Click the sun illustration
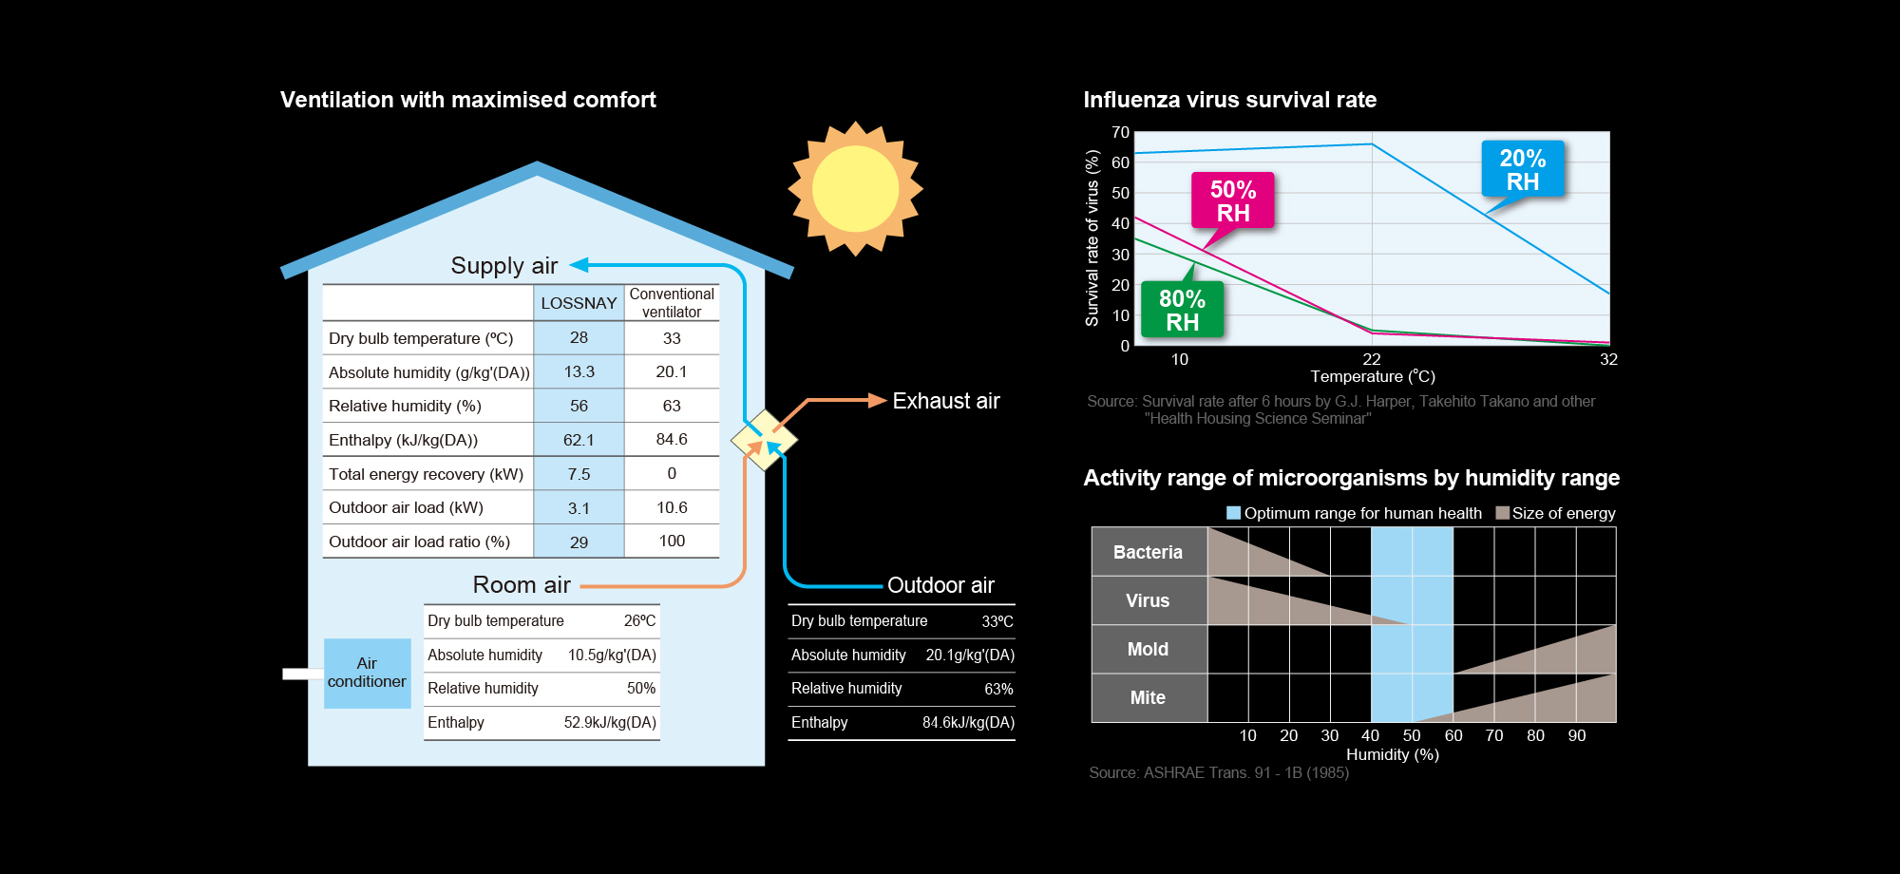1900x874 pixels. (x=855, y=188)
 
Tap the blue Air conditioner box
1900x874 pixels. (x=367, y=673)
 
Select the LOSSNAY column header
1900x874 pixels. (x=579, y=303)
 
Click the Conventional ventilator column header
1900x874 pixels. (x=672, y=303)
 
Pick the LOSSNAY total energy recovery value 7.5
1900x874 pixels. (x=579, y=474)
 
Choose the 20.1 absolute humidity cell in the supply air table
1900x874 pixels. (x=672, y=371)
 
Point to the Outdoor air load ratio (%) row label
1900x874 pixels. (x=419, y=541)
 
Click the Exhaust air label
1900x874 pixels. (x=945, y=401)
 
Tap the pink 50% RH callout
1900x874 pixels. (x=1232, y=201)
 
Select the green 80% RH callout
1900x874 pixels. (x=1182, y=311)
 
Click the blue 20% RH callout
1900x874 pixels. (x=1522, y=169)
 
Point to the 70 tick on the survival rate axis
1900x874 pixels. (x=1120, y=132)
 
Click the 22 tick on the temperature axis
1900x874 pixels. (x=1371, y=359)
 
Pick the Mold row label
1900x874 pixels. (x=1148, y=649)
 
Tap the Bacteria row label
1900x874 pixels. (x=1148, y=552)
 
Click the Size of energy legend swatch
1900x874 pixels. (x=1502, y=513)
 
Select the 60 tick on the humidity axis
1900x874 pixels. (x=1453, y=735)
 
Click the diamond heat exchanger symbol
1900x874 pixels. (x=764, y=440)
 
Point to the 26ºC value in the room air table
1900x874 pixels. (x=639, y=621)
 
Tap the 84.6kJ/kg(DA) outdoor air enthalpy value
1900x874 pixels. (x=968, y=723)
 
